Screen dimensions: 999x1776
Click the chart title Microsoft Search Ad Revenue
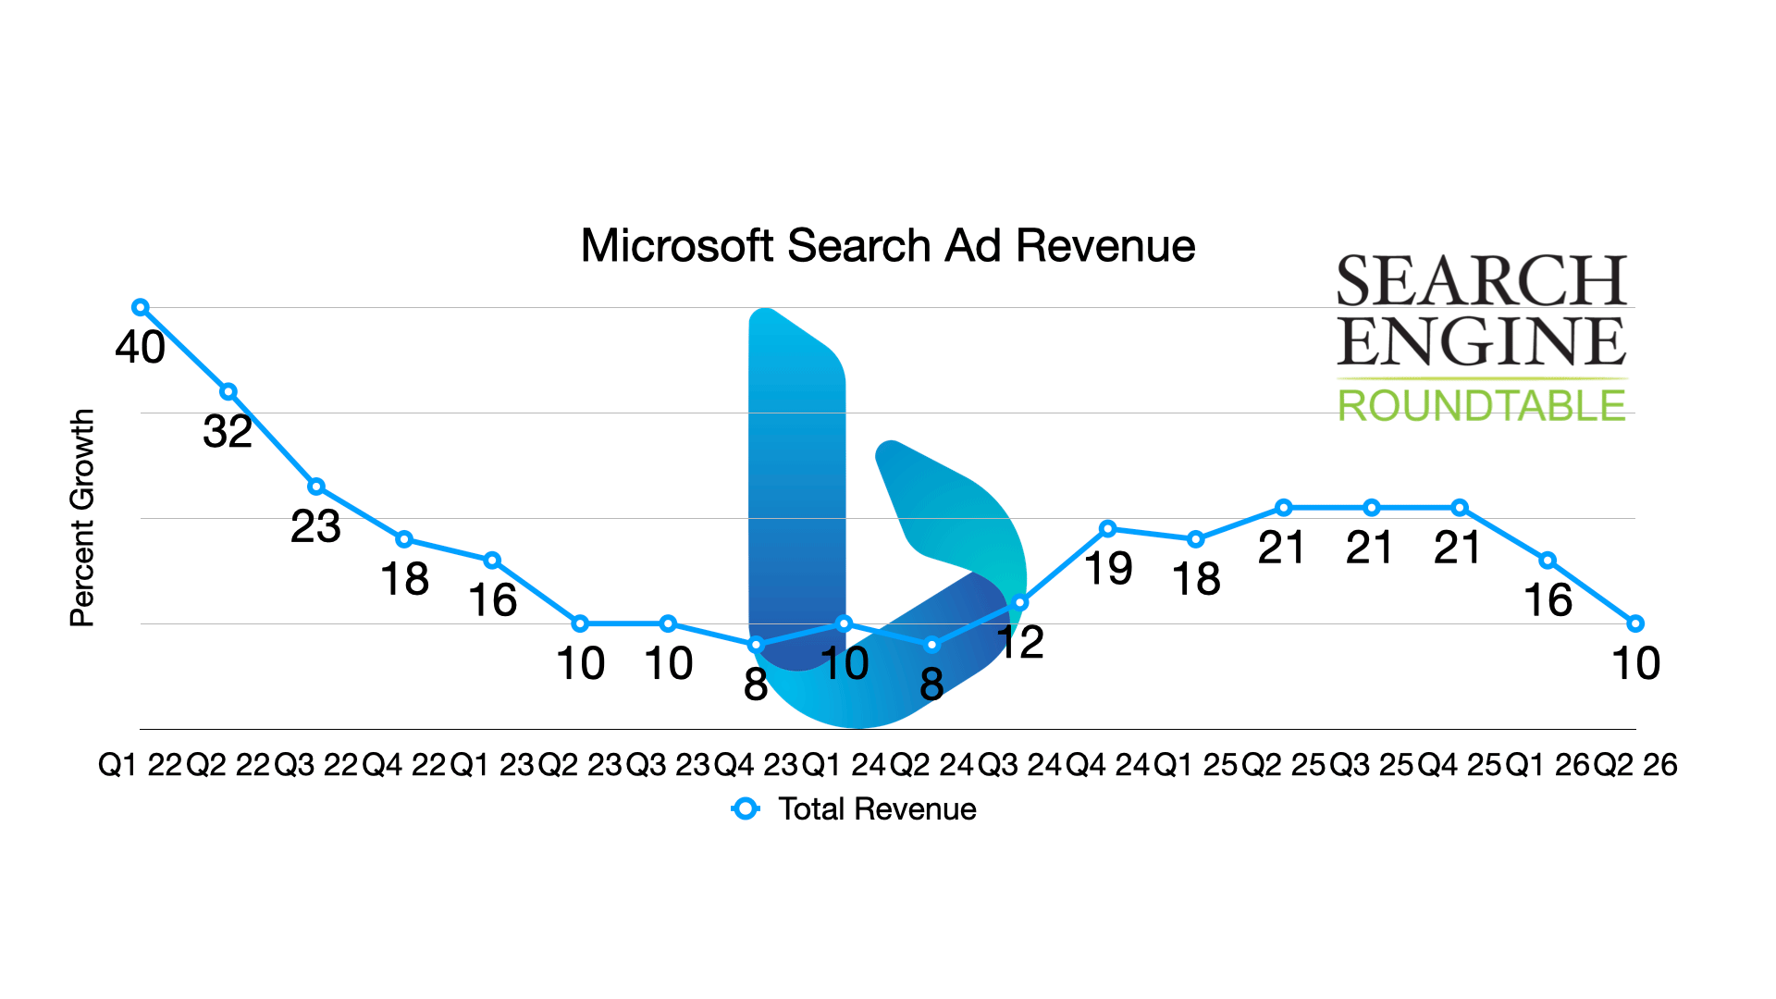(887, 246)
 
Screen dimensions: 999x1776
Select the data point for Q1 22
(141, 307)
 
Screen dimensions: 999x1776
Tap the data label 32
(228, 432)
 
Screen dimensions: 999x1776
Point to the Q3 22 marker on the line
(316, 487)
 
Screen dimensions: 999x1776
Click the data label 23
(315, 527)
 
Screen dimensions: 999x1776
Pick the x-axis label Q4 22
(403, 765)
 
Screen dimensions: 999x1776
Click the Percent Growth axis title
(82, 518)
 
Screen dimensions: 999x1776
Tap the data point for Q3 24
(1020, 602)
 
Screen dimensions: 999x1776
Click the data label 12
(1021, 643)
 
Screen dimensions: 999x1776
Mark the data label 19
(1108, 569)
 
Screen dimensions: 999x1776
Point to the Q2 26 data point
(1635, 623)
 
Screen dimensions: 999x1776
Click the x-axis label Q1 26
(1548, 765)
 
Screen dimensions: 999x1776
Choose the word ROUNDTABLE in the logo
(1481, 406)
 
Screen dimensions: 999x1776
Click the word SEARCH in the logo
(1481, 281)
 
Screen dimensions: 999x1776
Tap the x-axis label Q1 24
(844, 765)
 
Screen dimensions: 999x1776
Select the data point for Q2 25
(1284, 508)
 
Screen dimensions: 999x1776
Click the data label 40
(141, 348)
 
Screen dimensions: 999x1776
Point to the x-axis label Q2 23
(580, 765)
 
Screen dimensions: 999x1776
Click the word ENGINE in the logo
(1481, 341)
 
